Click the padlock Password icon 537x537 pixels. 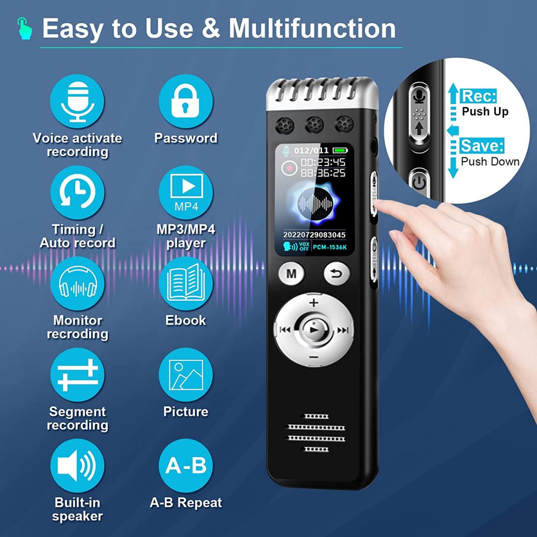[186, 102]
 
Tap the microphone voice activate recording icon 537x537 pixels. [77, 102]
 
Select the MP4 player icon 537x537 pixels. [186, 193]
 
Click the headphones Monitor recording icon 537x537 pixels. [77, 284]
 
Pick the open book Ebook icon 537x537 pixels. [186, 284]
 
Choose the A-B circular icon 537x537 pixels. [186, 466]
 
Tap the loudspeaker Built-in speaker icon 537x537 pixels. [77, 466]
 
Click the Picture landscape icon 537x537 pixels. [186, 375]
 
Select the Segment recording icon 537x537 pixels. [77, 375]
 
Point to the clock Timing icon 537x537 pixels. [77, 193]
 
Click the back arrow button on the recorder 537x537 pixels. [337, 273]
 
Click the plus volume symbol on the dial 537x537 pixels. [314, 303]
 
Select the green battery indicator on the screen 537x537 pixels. [340, 150]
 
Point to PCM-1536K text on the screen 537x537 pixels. [330, 247]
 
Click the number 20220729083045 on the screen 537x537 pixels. [314, 234]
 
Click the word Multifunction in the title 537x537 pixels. [312, 29]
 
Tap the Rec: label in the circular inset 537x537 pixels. [478, 96]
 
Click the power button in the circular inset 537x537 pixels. [419, 183]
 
